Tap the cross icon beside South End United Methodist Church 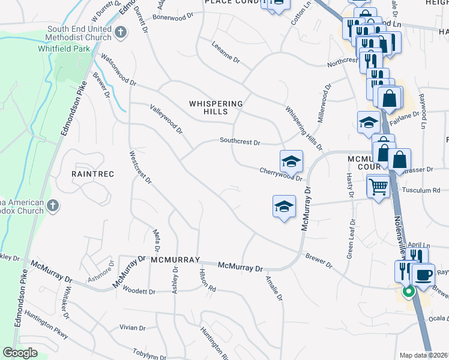pyautogui.click(x=121, y=33)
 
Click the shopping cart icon pyautogui.click(x=378, y=187)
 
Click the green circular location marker pyautogui.click(x=408, y=292)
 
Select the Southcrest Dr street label pyautogui.click(x=240, y=142)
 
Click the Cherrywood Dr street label pyautogui.click(x=280, y=174)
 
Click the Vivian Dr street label pyautogui.click(x=133, y=328)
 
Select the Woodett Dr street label pyautogui.click(x=139, y=291)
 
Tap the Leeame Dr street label pyautogui.click(x=226, y=52)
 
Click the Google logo pyautogui.click(x=20, y=353)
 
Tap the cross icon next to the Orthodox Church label pyautogui.click(x=52, y=206)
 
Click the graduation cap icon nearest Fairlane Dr pyautogui.click(x=369, y=123)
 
